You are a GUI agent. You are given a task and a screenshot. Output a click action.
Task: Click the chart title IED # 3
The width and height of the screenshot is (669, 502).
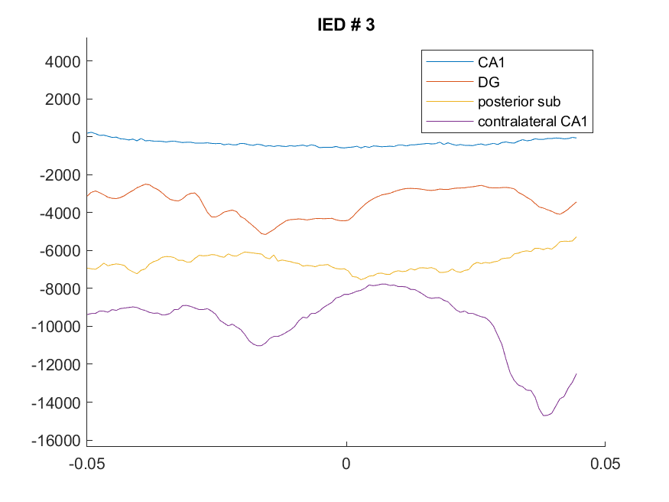tap(346, 24)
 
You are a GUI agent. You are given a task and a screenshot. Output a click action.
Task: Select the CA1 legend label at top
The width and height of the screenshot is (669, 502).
tap(491, 62)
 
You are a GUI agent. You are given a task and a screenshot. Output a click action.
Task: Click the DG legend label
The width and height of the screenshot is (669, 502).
tap(489, 82)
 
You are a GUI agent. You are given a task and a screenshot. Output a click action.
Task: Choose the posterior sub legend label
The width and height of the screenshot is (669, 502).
tap(519, 102)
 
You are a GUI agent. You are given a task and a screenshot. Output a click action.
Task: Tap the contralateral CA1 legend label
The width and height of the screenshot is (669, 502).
tap(532, 121)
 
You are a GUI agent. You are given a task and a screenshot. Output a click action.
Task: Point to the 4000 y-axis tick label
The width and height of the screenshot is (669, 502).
tap(63, 62)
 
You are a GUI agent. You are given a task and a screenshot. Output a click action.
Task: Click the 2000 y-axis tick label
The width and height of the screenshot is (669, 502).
tap(63, 99)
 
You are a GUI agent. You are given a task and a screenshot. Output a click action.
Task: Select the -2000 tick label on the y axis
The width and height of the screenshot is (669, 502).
tap(60, 175)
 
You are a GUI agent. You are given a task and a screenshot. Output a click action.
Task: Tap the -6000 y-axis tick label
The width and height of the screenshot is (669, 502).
tap(60, 250)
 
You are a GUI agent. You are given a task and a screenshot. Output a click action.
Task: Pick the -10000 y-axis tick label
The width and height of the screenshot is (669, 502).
tap(56, 327)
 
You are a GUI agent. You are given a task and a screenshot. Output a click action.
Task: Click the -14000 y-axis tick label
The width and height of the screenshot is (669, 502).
tap(56, 403)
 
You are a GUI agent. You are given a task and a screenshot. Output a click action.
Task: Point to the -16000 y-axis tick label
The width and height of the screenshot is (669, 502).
tap(56, 441)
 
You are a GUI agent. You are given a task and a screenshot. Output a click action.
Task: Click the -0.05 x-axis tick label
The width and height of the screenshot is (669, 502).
tap(86, 464)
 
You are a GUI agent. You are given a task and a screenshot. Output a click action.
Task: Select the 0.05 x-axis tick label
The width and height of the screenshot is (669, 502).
tap(605, 464)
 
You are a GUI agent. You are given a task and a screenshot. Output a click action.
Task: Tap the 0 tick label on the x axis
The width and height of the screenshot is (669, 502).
tap(346, 464)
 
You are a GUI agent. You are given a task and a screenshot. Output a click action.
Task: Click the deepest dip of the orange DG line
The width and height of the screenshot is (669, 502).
tap(265, 234)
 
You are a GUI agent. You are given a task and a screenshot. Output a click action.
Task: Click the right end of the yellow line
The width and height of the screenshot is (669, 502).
tap(576, 237)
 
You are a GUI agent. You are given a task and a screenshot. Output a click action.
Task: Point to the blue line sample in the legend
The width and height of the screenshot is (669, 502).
tap(450, 62)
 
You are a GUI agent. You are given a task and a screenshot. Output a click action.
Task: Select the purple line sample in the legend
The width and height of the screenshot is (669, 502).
tap(450, 121)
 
